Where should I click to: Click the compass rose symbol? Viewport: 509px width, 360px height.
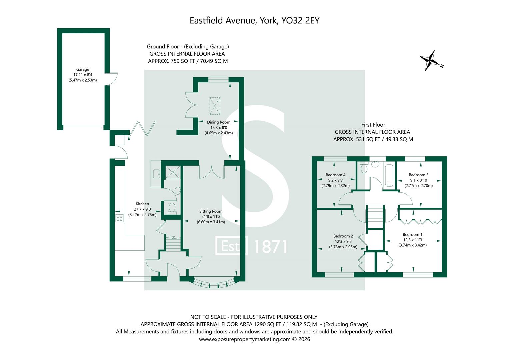pos(432,61)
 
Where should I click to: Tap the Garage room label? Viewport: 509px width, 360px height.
pos(82,70)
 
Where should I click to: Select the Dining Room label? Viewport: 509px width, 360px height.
pos(218,122)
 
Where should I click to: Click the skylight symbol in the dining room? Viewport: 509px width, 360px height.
pos(215,105)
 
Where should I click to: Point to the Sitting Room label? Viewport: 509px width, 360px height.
pos(211,211)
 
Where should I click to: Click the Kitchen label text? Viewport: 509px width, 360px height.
pos(142,204)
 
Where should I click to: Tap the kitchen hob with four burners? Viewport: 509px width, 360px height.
pos(119,218)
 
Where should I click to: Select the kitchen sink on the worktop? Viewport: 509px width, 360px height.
pos(156,174)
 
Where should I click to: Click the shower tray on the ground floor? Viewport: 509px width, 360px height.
pos(172,172)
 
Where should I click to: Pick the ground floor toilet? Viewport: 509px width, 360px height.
pos(172,208)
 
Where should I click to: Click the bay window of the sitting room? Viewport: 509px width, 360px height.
pos(214,283)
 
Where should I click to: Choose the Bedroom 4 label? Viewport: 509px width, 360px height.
pos(335,175)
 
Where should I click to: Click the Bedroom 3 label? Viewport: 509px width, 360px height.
pos(418,175)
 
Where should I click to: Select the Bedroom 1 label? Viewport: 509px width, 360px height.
pos(412,235)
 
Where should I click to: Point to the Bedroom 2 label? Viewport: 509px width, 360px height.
pos(343,236)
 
